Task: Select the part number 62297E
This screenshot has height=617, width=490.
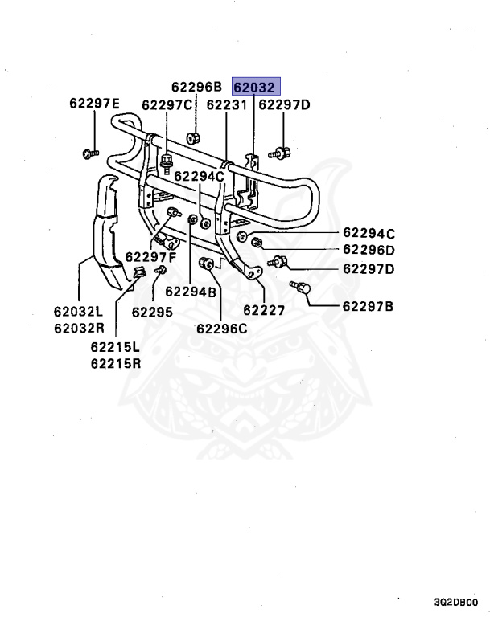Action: point(94,104)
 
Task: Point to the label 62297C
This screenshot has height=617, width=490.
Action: point(167,105)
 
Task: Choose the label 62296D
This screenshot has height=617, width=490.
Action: point(369,251)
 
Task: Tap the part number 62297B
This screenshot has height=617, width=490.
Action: point(368,305)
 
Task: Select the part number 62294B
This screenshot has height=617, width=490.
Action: point(191,292)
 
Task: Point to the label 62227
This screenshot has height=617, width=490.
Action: point(265,309)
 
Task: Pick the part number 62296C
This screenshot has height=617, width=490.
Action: point(221,328)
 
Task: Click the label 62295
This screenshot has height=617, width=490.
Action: point(152,312)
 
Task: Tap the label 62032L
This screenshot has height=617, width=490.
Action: point(79,312)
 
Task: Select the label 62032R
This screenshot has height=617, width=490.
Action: point(79,328)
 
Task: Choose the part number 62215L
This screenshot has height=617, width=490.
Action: point(115,347)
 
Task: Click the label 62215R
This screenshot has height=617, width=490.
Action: point(115,363)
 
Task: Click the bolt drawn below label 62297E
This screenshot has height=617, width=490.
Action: point(89,152)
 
